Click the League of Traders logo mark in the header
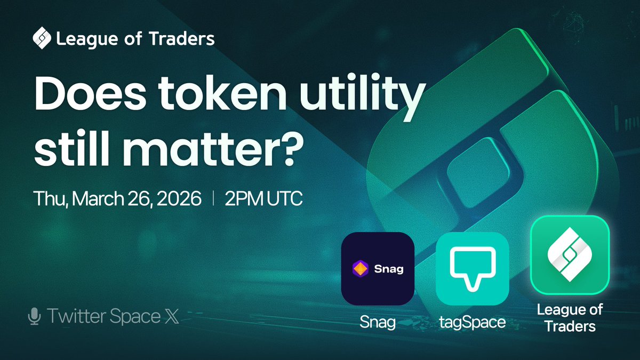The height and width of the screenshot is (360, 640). click(42, 38)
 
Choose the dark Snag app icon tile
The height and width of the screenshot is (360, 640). click(378, 268)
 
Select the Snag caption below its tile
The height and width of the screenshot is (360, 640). click(378, 322)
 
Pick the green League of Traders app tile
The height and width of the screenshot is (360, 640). click(569, 255)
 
